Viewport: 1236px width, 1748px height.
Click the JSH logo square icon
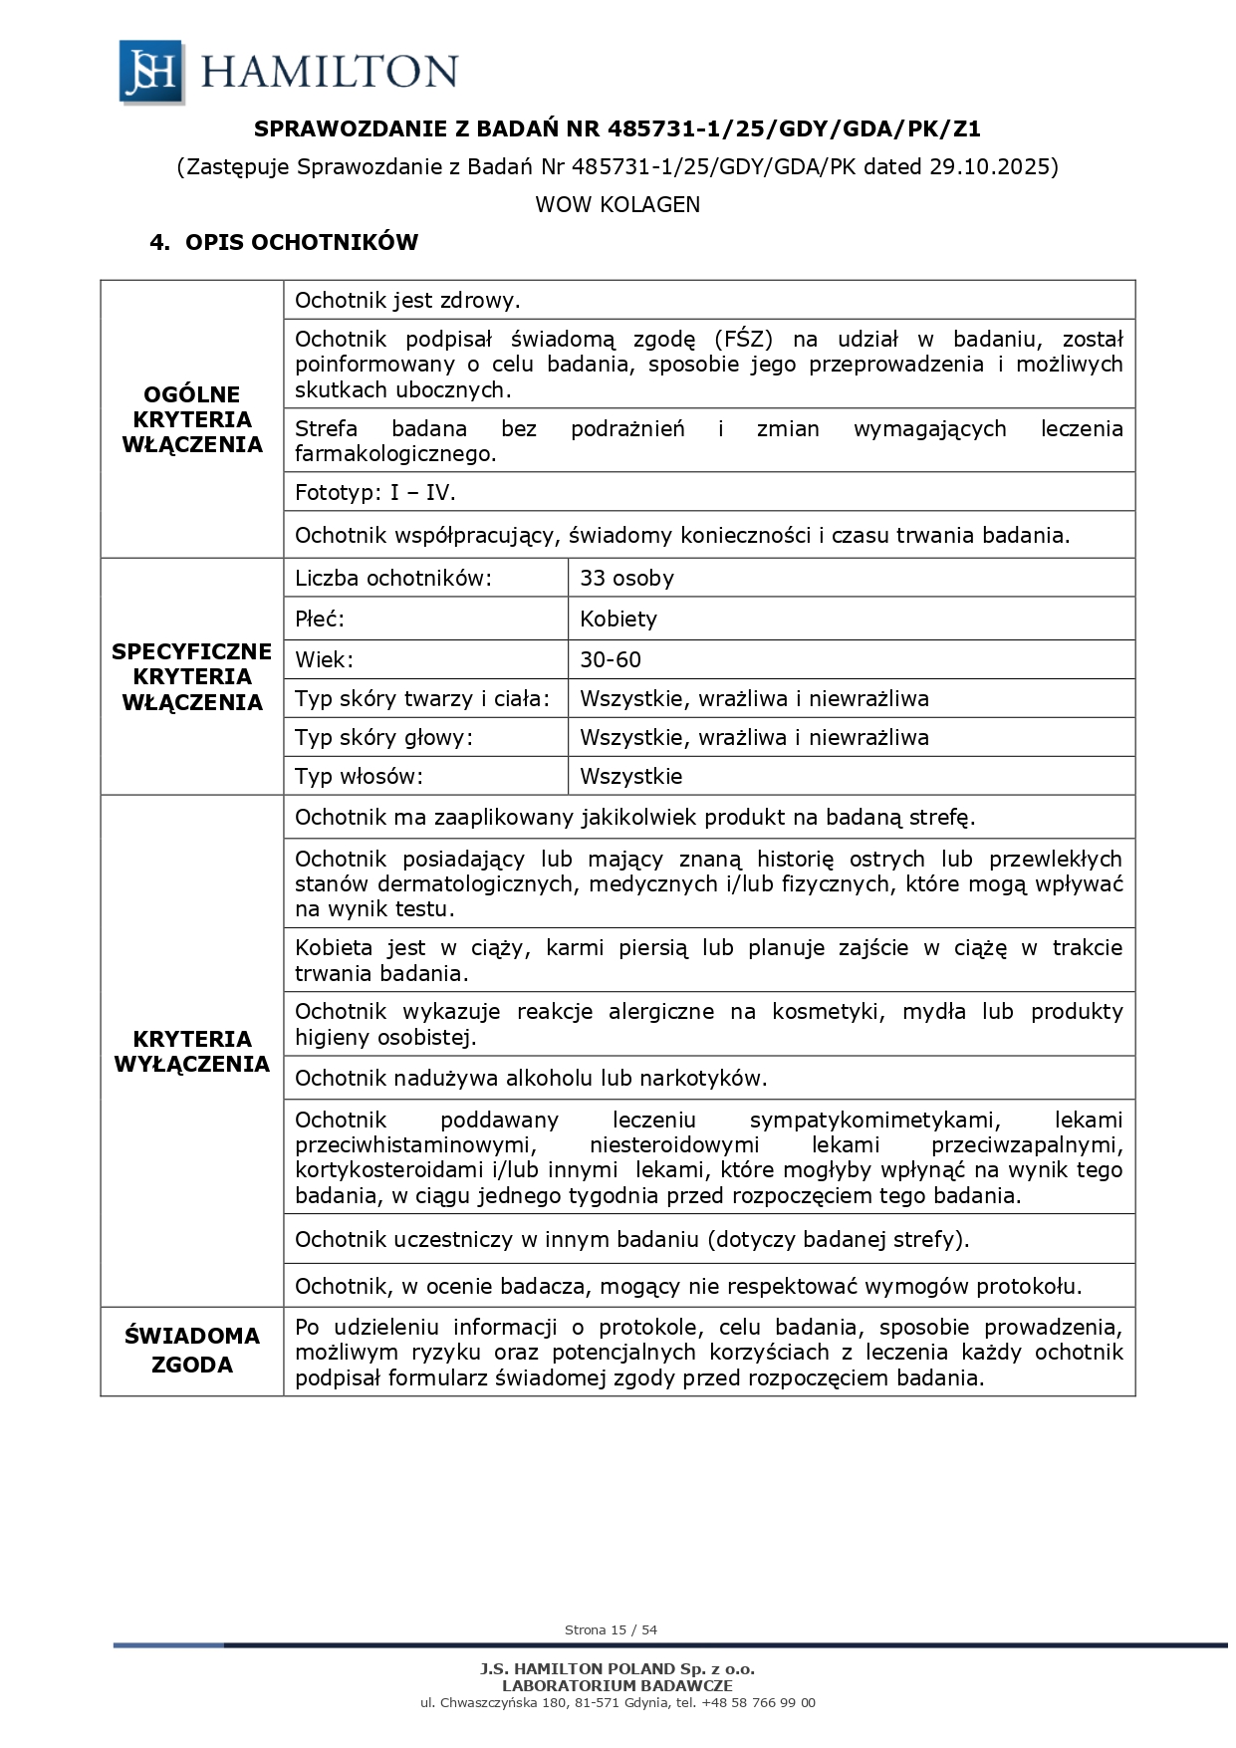click(151, 72)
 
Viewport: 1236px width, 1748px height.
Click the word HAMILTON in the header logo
click(330, 72)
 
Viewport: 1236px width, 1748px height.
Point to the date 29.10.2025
click(990, 166)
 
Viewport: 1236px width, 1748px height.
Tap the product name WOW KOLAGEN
click(618, 204)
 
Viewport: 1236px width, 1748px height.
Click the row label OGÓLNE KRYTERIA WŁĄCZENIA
click(192, 419)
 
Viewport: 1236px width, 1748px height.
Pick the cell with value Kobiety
click(618, 619)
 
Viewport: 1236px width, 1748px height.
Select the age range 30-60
click(611, 659)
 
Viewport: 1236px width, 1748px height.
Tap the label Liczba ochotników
click(393, 578)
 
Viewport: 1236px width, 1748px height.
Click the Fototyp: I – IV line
click(375, 492)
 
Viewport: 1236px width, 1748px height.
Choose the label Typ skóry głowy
click(383, 737)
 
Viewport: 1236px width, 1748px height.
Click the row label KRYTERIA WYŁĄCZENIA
click(192, 1051)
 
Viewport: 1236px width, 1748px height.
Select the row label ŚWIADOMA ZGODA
click(192, 1350)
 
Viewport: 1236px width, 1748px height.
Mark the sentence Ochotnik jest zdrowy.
click(408, 300)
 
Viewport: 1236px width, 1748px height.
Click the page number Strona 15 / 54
click(611, 1629)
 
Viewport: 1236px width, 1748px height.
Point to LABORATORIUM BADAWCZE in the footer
click(618, 1685)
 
